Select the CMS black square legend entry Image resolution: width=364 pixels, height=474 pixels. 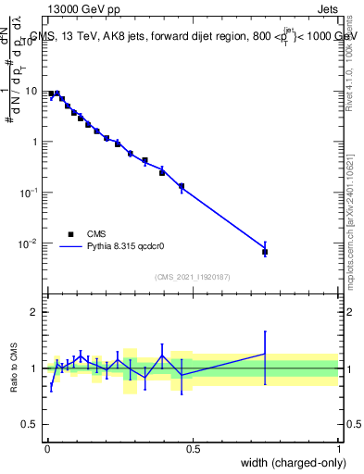(70, 233)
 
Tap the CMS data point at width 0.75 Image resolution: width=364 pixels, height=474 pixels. (265, 252)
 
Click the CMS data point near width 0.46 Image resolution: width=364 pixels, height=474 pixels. (182, 186)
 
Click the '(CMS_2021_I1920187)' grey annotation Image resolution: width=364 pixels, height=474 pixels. (192, 277)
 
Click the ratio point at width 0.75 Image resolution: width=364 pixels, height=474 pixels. (265, 354)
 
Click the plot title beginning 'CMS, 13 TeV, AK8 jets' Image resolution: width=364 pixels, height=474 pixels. (193, 37)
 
